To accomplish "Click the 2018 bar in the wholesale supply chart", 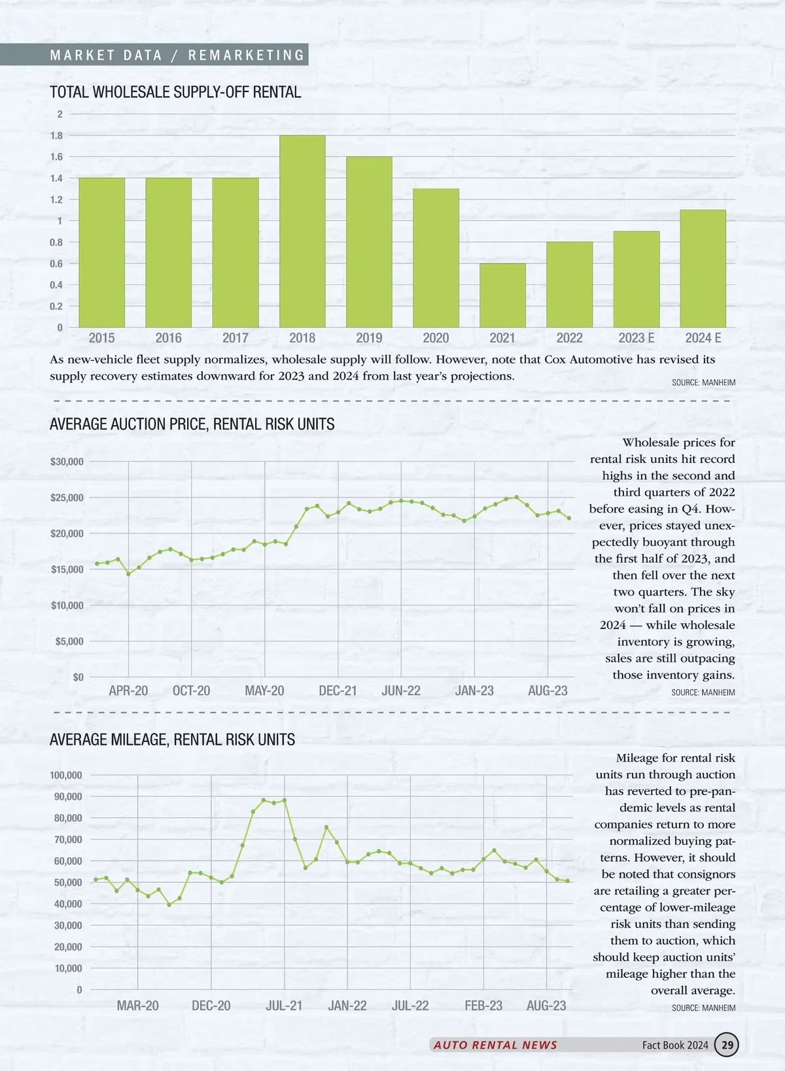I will tap(302, 231).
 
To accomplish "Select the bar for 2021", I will tap(502, 296).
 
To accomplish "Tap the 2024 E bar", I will tap(703, 269).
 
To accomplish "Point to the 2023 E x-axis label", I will tap(636, 338).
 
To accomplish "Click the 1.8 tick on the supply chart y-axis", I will tap(57, 136).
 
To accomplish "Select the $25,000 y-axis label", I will tap(67, 498).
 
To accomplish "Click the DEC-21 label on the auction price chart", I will tap(338, 691).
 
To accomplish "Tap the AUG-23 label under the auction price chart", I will tap(548, 691).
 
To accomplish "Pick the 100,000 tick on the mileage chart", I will tap(66, 775).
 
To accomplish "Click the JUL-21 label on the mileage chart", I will tap(284, 1006).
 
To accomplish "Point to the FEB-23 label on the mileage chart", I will tap(483, 1006).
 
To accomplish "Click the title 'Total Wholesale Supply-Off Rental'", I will tap(175, 92).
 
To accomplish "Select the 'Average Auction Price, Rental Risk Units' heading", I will tap(192, 424).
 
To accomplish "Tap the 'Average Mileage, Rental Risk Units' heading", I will tap(172, 739).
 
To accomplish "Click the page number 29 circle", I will tap(726, 1045).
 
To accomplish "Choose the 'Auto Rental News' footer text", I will tap(495, 1045).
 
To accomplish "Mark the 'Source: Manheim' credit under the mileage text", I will tap(703, 1008).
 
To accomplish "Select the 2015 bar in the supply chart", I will tap(101, 252).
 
